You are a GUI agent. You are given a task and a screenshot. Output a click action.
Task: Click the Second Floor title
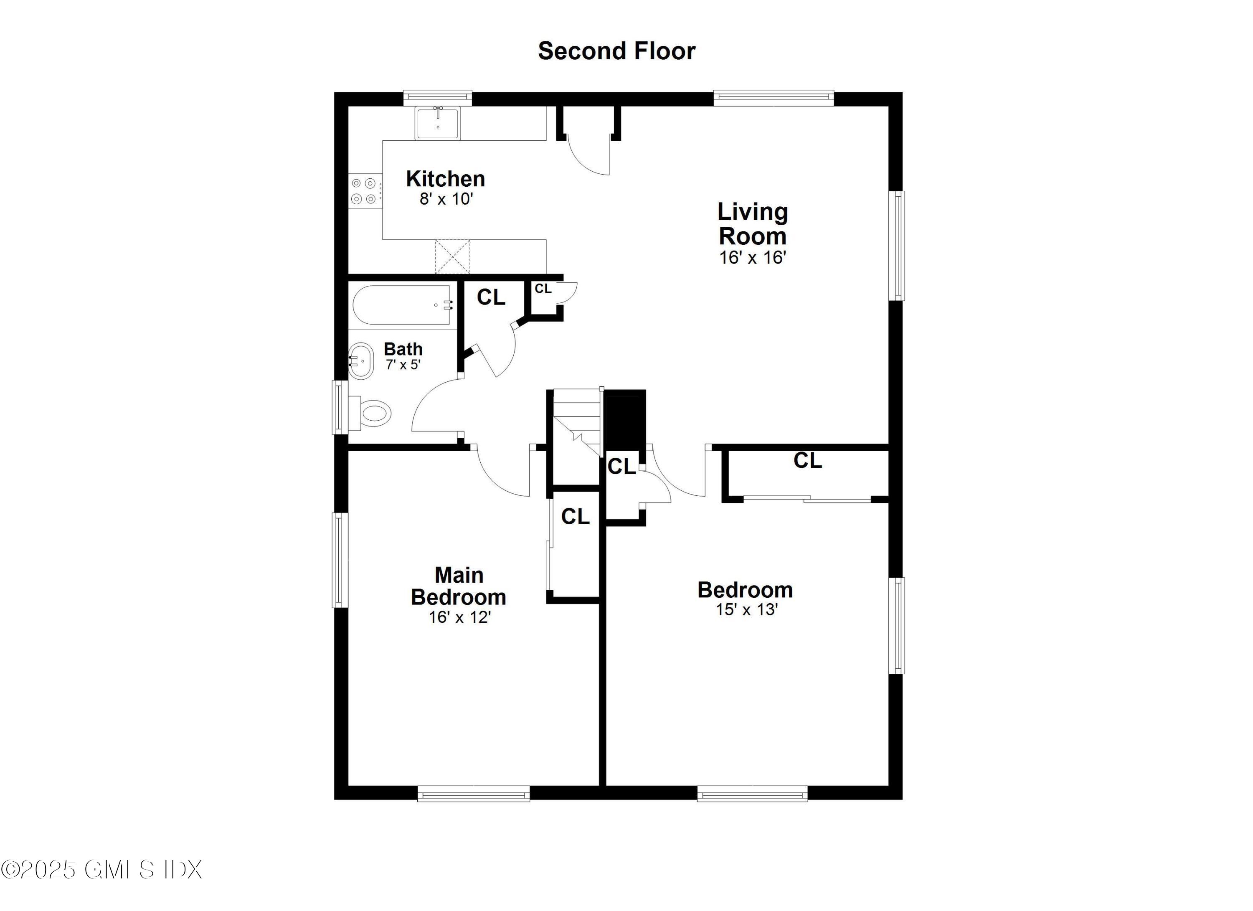[x=616, y=51]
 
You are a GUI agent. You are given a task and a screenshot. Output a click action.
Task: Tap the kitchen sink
[x=438, y=123]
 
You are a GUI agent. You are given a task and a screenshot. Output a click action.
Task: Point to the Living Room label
[x=753, y=224]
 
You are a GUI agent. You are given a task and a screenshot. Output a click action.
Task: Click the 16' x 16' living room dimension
[x=753, y=257]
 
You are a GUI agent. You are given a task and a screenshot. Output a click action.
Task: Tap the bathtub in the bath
[x=402, y=305]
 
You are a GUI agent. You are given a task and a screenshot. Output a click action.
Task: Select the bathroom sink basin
[x=361, y=361]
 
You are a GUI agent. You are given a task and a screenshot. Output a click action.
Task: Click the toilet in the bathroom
[x=373, y=413]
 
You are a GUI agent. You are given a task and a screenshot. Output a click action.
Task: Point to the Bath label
[x=403, y=349]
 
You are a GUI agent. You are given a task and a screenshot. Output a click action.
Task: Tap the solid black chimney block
[x=625, y=420]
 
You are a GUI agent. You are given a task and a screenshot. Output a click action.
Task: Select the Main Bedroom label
[x=459, y=586]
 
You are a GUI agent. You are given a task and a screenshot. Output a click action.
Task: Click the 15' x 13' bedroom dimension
[x=747, y=609]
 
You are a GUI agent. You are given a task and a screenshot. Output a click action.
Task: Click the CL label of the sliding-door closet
[x=808, y=460]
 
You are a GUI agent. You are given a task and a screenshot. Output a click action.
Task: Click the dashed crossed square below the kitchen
[x=452, y=257]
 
